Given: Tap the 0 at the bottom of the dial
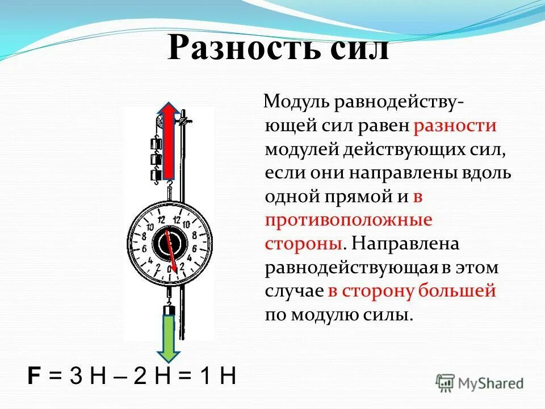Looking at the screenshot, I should (x=169, y=268).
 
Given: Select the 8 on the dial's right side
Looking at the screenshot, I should (x=194, y=235).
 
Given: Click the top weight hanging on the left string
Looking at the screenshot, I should (x=153, y=143).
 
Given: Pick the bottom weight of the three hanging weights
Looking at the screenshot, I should (x=153, y=175).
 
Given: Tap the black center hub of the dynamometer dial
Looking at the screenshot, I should (x=169, y=243).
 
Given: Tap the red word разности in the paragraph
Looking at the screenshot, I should (x=455, y=126).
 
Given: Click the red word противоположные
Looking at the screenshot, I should (x=349, y=220).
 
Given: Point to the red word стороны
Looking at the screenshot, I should (x=303, y=243).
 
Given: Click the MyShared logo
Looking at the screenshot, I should (x=480, y=383).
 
